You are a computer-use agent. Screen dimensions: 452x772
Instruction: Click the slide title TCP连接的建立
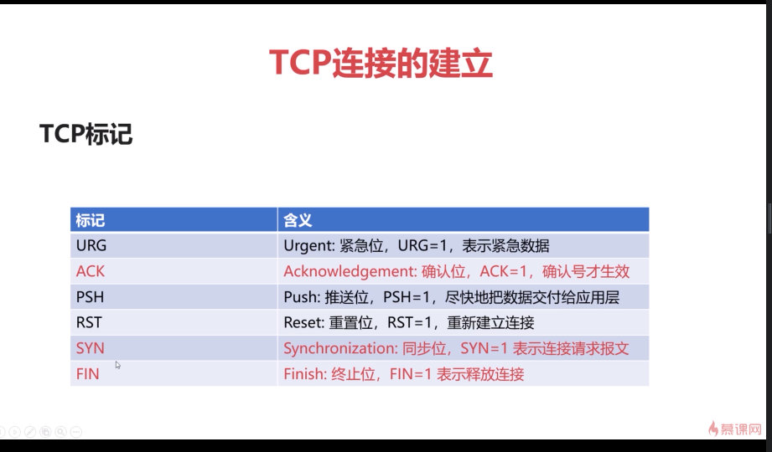pyautogui.click(x=381, y=64)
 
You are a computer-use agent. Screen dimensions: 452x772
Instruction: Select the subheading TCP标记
pyautogui.click(x=85, y=134)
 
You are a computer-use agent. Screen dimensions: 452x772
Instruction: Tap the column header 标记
pyautogui.click(x=91, y=220)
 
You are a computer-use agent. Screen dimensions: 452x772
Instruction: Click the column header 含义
pyautogui.click(x=298, y=220)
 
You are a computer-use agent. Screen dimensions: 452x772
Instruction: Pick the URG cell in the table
pyautogui.click(x=91, y=246)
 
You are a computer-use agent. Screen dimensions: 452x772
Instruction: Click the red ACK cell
pyautogui.click(x=91, y=271)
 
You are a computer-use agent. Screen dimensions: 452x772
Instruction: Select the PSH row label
pyautogui.click(x=89, y=297)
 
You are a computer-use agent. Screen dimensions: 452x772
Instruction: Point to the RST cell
pyautogui.click(x=89, y=322)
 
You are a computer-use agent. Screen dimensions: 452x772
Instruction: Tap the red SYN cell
pyautogui.click(x=91, y=348)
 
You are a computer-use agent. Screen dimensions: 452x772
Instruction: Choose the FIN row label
pyautogui.click(x=87, y=374)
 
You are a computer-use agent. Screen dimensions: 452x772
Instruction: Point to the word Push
pyautogui.click(x=299, y=297)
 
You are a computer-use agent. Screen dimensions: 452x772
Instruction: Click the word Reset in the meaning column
pyautogui.click(x=302, y=322)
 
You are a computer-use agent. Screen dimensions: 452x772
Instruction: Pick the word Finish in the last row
pyautogui.click(x=303, y=374)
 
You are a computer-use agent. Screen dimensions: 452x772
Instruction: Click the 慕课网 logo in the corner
pyautogui.click(x=736, y=429)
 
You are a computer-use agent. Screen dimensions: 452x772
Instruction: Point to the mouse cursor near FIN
pyautogui.click(x=118, y=365)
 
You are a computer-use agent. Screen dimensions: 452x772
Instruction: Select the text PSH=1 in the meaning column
pyautogui.click(x=405, y=297)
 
